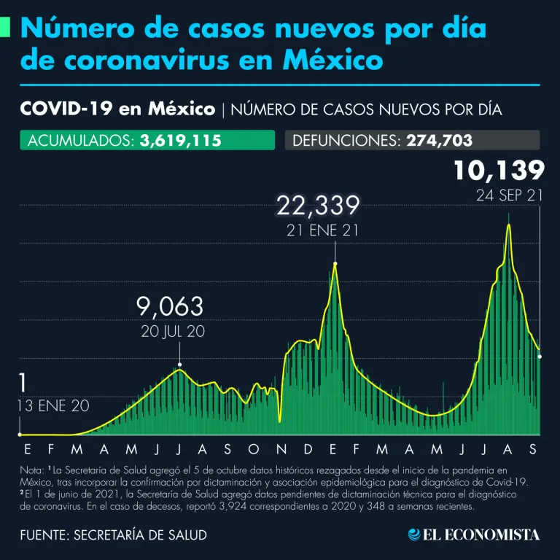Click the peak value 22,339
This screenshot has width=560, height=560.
point(318,206)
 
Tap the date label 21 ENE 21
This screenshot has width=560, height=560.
point(318,230)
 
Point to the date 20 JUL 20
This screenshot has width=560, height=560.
point(172,331)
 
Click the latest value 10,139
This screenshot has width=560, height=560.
point(499,170)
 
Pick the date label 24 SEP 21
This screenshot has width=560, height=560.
point(507,195)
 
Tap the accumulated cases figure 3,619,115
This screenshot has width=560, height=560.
point(180,140)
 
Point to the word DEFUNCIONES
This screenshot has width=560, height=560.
point(344,140)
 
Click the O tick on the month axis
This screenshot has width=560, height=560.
point(254,448)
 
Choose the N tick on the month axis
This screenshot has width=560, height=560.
point(281,448)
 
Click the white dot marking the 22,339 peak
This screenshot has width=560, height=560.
point(335,263)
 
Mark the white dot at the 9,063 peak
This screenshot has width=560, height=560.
point(179,364)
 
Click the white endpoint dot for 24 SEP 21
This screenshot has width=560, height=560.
point(540,356)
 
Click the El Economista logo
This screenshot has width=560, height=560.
point(474,534)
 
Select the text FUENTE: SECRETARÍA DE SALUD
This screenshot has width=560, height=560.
point(113,534)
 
